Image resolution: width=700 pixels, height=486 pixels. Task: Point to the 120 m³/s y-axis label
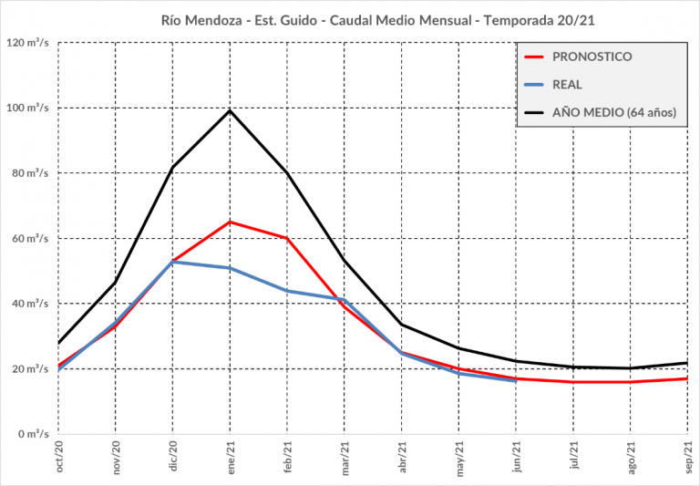pyautogui.click(x=28, y=43)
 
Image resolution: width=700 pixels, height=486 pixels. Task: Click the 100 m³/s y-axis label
pyautogui.click(x=28, y=108)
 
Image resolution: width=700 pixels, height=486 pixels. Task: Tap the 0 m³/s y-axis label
pyautogui.click(x=34, y=434)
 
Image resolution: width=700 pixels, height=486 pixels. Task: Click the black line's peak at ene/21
pyautogui.click(x=230, y=110)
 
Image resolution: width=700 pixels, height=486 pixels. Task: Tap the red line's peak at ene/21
pyautogui.click(x=230, y=222)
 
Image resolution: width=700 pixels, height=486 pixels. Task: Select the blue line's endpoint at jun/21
pyautogui.click(x=516, y=380)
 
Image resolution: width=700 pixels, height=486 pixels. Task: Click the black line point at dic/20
pyautogui.click(x=172, y=167)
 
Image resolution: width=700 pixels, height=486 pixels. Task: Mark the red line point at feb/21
pyautogui.click(x=287, y=238)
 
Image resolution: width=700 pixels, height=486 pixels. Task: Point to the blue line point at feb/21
pyautogui.click(x=287, y=291)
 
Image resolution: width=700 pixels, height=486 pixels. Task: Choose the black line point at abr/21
pyautogui.click(x=401, y=324)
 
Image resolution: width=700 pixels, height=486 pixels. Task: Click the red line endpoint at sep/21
pyautogui.click(x=687, y=378)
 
